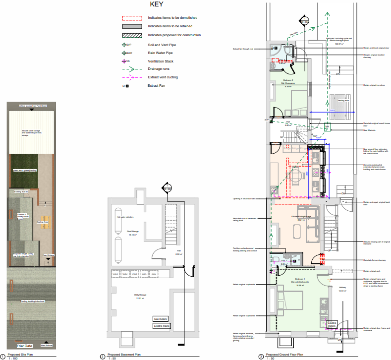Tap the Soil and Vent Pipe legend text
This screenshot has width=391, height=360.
[x=162, y=45]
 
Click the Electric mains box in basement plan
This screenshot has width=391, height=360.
[x=161, y=326]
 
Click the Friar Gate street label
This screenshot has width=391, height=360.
[x=24, y=345]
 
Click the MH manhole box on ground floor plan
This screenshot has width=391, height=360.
[x=327, y=127]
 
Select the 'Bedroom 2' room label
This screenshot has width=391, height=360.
[x=288, y=80]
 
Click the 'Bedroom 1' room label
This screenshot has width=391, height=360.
[x=300, y=280]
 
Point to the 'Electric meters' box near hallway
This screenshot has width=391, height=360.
[x=333, y=324]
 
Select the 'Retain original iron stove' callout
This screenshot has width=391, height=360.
[x=374, y=85]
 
